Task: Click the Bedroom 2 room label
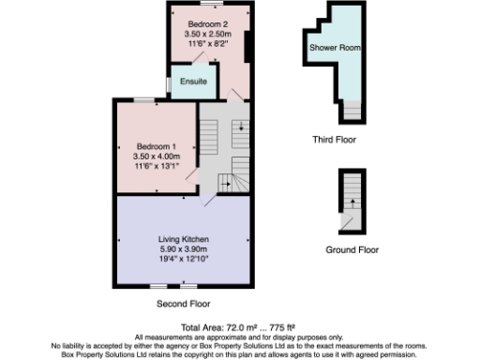(x=207, y=23)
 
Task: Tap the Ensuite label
(x=194, y=82)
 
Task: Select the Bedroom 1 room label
(x=156, y=146)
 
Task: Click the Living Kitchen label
(x=183, y=240)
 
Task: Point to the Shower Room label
(x=335, y=46)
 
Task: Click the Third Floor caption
(x=334, y=140)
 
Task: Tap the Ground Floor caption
(x=352, y=250)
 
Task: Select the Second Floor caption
(x=184, y=304)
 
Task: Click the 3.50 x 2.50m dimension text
(x=207, y=34)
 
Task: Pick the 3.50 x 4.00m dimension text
(x=156, y=157)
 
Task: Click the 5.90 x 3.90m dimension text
(x=183, y=249)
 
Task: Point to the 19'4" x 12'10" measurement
(x=183, y=259)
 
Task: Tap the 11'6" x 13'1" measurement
(x=156, y=166)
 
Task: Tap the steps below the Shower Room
(x=350, y=110)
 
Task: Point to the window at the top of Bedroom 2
(x=210, y=3)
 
